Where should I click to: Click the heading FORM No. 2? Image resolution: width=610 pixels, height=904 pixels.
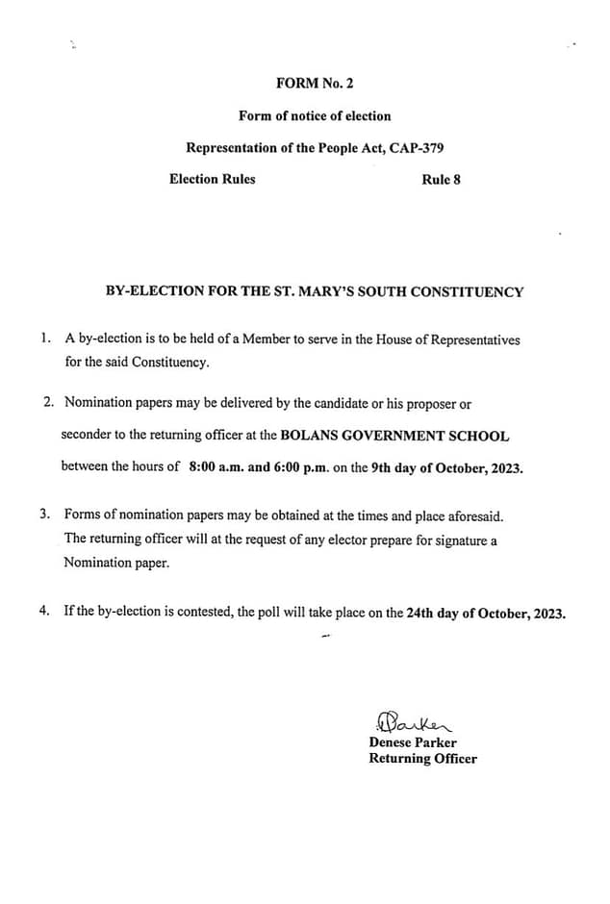(x=315, y=84)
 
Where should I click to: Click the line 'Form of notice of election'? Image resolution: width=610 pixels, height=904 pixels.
(x=315, y=115)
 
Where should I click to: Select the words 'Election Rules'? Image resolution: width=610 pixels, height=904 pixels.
(x=213, y=179)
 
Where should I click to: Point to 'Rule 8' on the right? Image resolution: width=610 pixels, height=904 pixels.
(x=441, y=179)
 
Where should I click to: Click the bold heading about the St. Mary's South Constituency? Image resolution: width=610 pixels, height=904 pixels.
(x=315, y=291)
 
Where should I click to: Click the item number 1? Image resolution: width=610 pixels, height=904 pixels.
(x=45, y=339)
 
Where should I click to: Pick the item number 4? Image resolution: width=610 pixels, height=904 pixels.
(x=45, y=613)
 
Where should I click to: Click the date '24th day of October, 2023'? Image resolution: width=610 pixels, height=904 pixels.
(x=486, y=613)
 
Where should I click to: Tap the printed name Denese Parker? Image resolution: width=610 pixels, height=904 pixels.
(x=413, y=742)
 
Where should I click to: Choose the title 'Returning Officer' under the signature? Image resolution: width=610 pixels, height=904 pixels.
(x=422, y=759)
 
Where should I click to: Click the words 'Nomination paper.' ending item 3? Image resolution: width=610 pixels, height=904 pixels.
(x=116, y=564)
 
